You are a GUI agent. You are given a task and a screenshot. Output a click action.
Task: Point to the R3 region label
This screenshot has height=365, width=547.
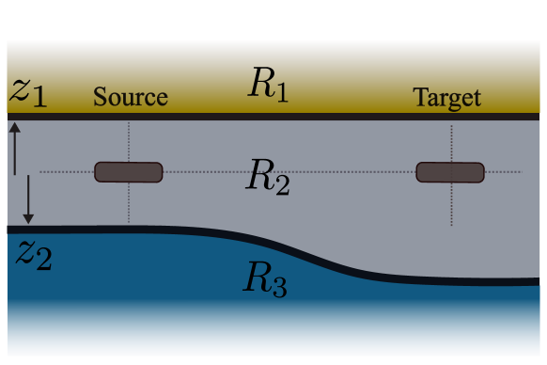point(265,278)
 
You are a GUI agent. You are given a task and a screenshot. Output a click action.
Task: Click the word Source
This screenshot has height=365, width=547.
point(130,97)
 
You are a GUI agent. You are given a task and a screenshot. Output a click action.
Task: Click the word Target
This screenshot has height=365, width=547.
point(446,98)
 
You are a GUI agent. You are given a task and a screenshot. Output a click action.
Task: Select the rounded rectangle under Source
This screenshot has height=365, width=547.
point(129,172)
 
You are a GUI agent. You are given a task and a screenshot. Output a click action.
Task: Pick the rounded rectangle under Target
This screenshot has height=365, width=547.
point(450,172)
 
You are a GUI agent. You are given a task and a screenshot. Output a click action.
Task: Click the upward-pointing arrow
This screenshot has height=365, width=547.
point(15,147)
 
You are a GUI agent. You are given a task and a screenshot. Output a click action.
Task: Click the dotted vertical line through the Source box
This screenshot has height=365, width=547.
point(129,202)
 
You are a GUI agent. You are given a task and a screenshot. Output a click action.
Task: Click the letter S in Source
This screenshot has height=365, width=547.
point(99,97)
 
